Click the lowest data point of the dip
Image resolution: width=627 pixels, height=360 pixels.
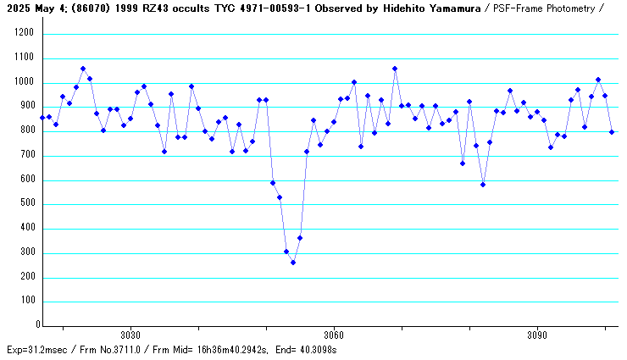pyautogui.click(x=293, y=263)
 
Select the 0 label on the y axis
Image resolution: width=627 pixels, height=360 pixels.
pyautogui.click(x=37, y=325)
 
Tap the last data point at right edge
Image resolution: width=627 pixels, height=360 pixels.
pyautogui.click(x=612, y=132)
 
